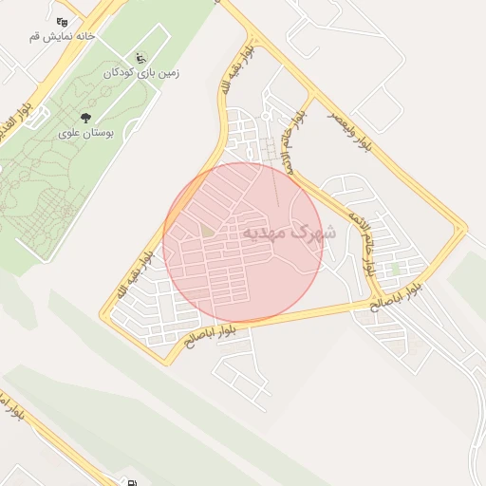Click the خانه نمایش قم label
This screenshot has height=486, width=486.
[63, 36]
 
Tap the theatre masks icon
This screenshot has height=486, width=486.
[63, 21]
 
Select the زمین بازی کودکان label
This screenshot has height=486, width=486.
[142, 72]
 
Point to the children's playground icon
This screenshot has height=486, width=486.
[142, 57]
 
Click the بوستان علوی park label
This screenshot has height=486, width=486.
[86, 134]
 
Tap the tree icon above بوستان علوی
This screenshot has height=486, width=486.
[86, 118]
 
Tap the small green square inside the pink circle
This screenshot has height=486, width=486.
[208, 231]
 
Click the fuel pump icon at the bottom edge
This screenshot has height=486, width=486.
[127, 481]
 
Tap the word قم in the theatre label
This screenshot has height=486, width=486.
[35, 36]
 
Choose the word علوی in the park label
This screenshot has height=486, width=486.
[70, 134]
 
